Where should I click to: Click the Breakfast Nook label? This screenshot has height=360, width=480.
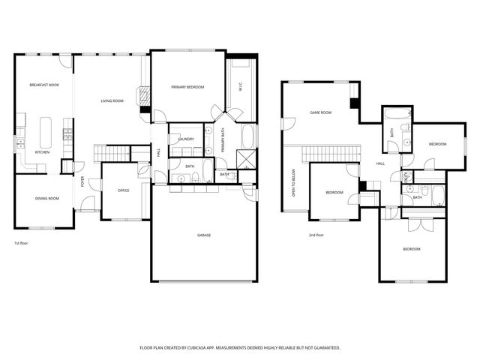44,85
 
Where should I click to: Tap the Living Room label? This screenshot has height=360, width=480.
112,100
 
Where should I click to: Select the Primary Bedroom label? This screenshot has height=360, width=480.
187,88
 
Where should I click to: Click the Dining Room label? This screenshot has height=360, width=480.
46,198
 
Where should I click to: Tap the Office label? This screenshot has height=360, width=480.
124,190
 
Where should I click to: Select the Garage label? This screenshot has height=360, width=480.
204,235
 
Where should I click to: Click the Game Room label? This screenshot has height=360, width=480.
321,112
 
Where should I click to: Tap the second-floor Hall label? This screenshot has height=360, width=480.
380,163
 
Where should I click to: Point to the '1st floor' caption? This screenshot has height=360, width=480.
22,244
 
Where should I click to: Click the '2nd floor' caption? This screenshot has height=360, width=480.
316,235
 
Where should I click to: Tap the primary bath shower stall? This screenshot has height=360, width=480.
245,158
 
